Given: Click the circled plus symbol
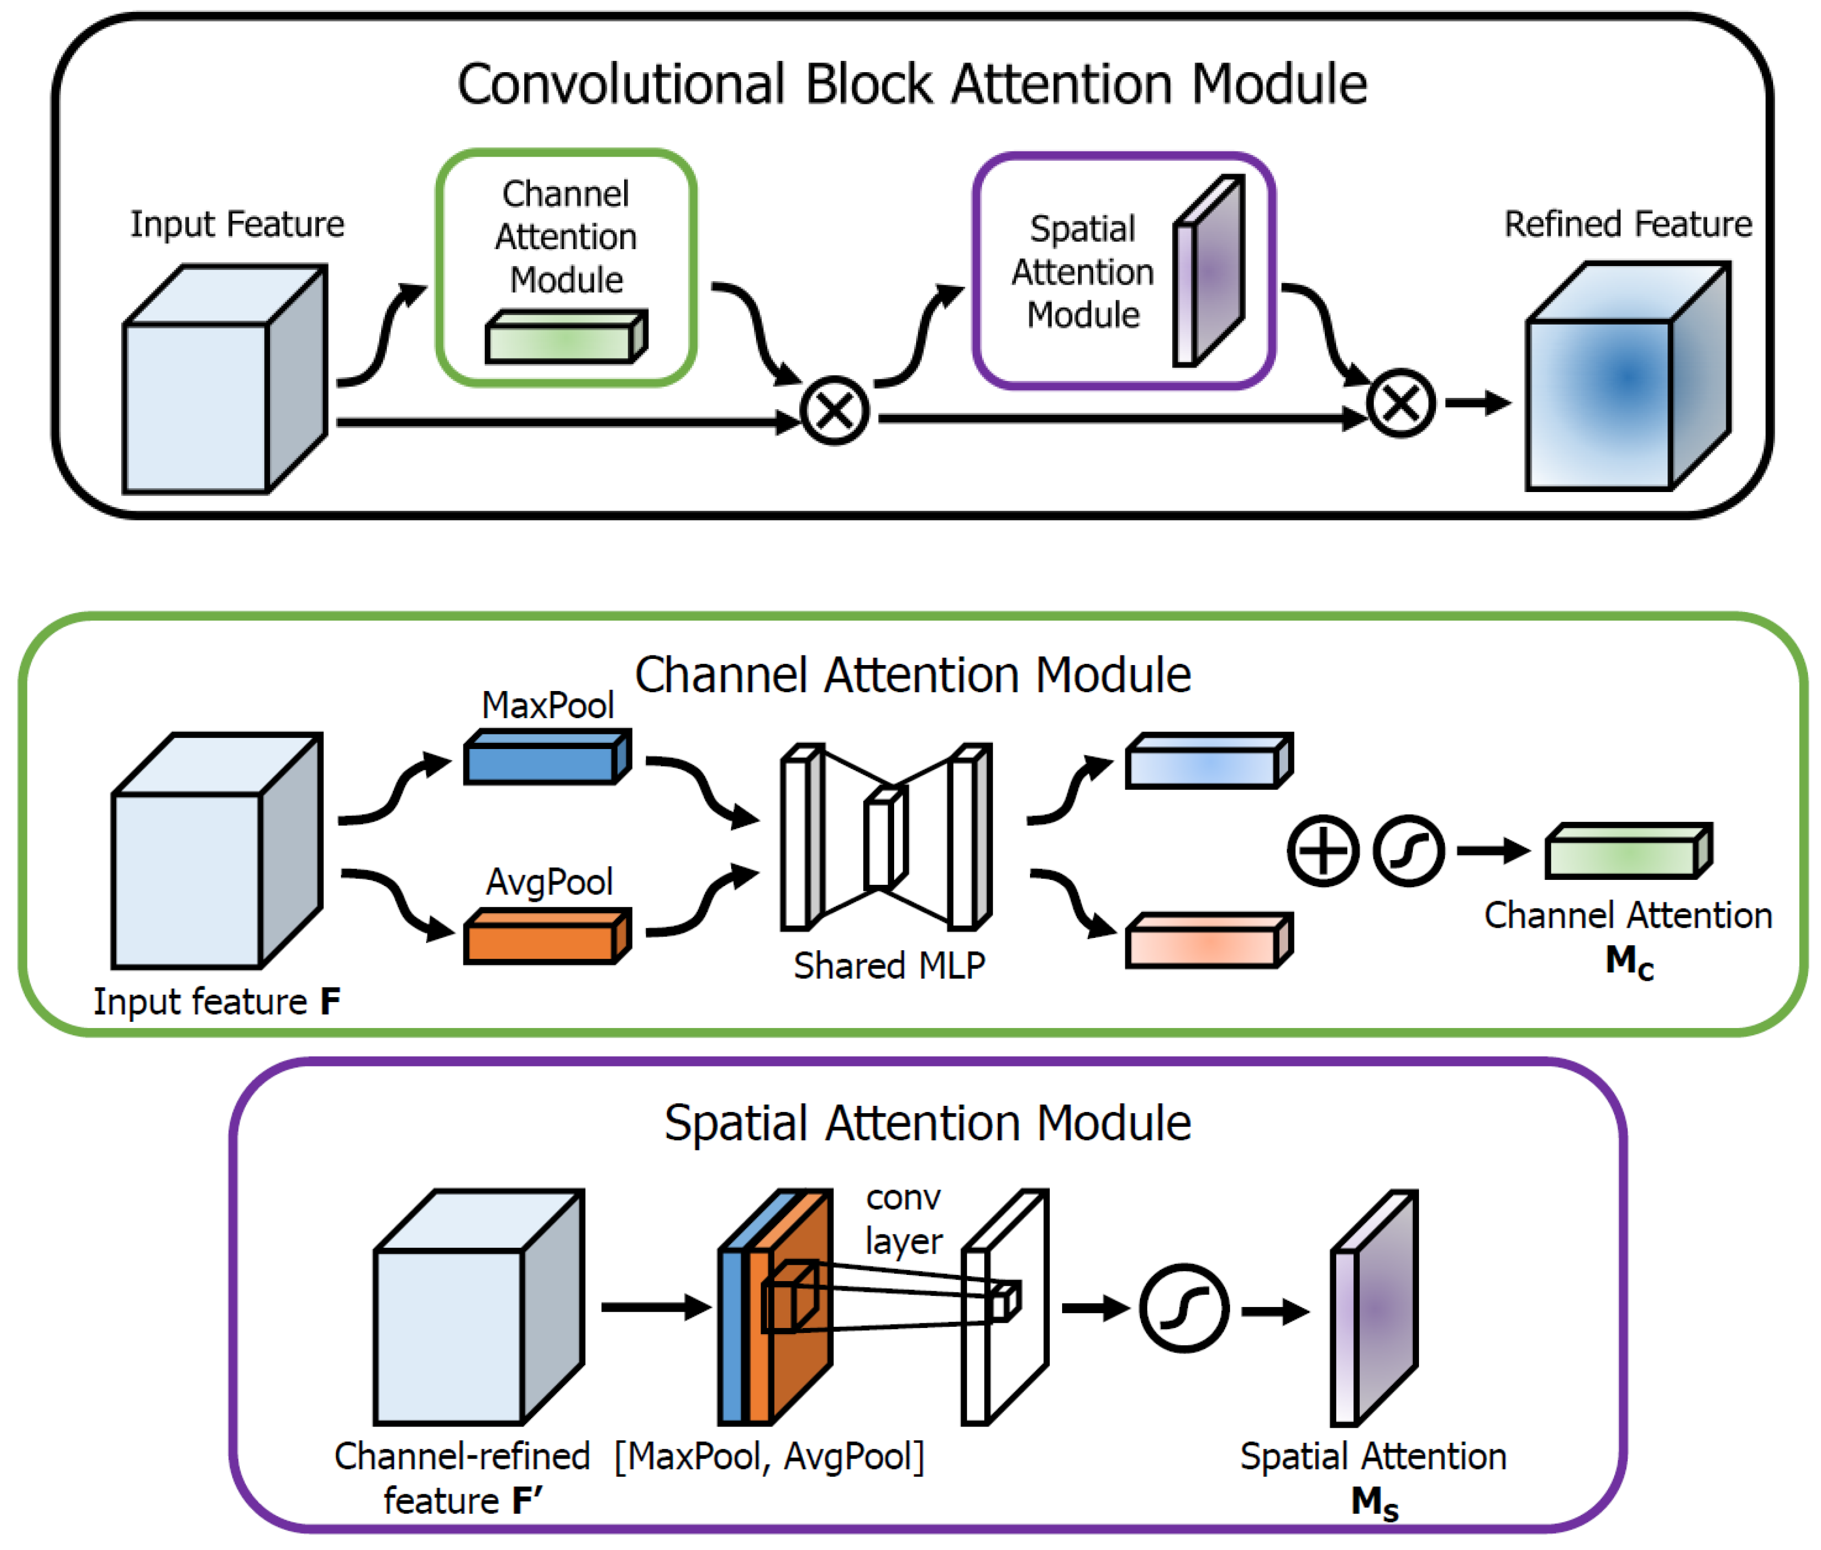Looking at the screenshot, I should (1323, 851).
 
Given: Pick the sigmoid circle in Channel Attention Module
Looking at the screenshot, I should (1408, 851).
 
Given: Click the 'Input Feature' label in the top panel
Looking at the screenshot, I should (237, 224).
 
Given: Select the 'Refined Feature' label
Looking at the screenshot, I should (1628, 224).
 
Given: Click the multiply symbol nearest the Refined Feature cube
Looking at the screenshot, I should (1401, 404).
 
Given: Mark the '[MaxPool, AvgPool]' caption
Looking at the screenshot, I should (769, 1457).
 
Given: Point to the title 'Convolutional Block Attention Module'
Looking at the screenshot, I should (912, 85).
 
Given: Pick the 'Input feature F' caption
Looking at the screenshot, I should (216, 1002).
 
